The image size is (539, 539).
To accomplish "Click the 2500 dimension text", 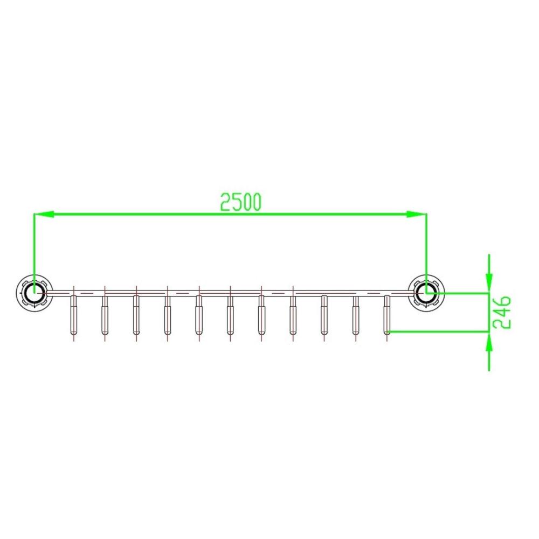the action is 240,202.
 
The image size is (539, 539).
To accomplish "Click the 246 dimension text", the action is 502,312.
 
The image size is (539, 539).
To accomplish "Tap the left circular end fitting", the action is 34,293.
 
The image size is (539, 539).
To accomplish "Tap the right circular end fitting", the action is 426,293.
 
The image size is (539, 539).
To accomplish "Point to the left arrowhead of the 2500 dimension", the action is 44,214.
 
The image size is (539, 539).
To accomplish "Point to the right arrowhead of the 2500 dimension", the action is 417,214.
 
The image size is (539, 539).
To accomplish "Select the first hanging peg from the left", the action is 73,315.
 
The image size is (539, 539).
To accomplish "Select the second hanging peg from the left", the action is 105,315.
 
